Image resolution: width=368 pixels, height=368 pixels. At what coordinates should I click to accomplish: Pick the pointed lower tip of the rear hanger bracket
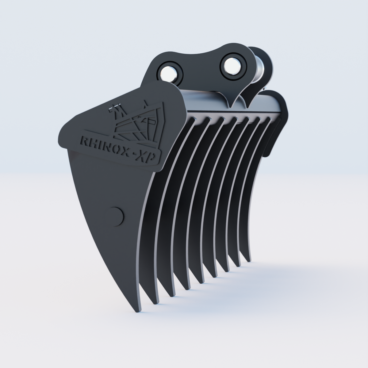[247, 106]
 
